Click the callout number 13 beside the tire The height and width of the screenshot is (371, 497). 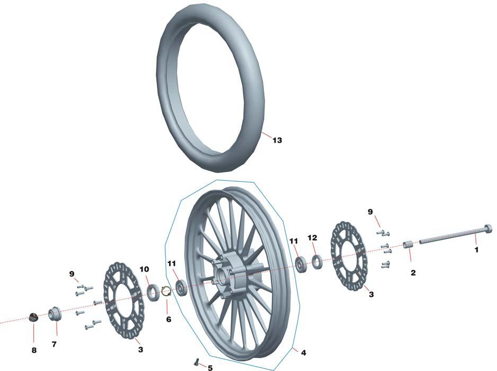[x=277, y=140]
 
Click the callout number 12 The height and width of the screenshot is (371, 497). [x=312, y=237]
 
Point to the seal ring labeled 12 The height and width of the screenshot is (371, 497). [x=317, y=261]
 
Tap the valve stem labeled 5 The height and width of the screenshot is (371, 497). [x=197, y=361]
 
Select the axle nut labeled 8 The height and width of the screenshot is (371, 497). [x=33, y=317]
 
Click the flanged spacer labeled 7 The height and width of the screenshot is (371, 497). [x=55, y=314]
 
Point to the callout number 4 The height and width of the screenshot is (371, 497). [x=303, y=352]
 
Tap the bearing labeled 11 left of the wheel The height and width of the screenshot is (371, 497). [x=182, y=288]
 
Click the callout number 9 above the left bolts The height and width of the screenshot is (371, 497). [x=72, y=273]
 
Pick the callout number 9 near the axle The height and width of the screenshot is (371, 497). [x=370, y=212]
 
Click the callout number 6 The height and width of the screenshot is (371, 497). [x=168, y=319]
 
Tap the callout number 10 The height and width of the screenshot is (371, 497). [x=144, y=269]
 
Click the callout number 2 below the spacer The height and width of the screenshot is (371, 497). [x=413, y=273]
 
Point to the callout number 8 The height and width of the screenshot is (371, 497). [x=34, y=350]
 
